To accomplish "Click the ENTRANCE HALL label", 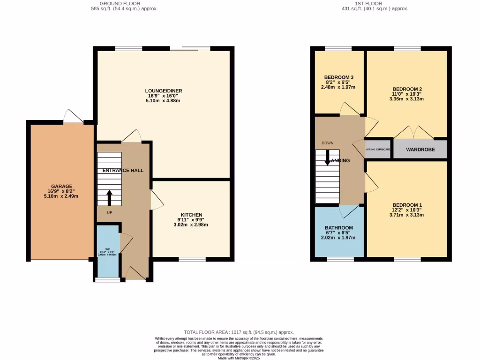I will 123,170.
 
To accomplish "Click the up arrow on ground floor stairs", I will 109,198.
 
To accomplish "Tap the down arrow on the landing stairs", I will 327,158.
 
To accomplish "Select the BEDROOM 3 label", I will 338,77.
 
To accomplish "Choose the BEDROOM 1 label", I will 407,205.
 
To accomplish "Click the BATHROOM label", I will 339,228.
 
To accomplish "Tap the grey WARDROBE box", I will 420,150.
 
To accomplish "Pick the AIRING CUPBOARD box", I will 378,150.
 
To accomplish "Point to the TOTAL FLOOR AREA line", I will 240,332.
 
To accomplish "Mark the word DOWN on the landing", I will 328,143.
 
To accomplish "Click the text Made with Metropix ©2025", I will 240,358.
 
